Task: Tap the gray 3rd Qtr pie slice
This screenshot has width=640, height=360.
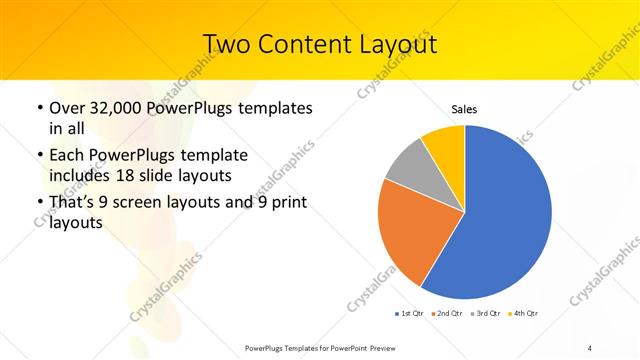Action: pos(408,165)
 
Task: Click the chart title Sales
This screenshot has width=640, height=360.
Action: pos(464,107)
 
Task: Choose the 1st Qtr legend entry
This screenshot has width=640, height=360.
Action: pos(410,313)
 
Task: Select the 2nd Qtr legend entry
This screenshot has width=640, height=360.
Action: pos(447,313)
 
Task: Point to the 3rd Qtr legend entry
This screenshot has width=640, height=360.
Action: pos(486,313)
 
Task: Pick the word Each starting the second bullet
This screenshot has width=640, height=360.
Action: pos(67,156)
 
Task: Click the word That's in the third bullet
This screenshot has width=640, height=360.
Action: pos(74,203)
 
